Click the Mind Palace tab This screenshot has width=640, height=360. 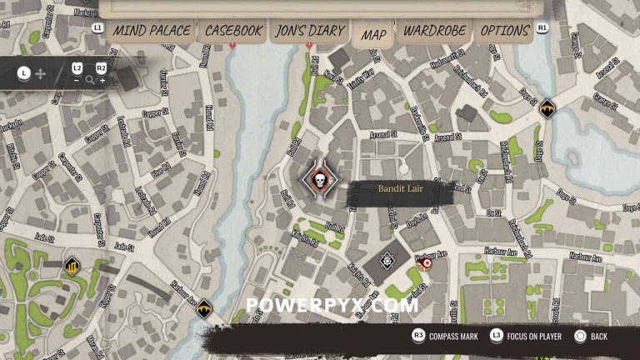[151, 31]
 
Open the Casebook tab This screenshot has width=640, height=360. [234, 31]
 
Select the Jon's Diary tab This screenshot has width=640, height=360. [309, 31]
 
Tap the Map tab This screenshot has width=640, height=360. [374, 34]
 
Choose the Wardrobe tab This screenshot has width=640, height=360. [434, 31]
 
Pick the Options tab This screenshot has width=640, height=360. [504, 31]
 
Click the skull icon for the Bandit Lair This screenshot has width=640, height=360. [318, 181]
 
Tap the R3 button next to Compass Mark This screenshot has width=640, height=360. [418, 336]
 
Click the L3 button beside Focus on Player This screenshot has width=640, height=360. [496, 336]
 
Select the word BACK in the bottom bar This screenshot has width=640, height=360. [598, 337]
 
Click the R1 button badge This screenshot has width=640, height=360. [542, 27]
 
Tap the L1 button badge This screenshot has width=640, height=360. [97, 27]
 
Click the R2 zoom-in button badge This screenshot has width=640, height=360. [101, 67]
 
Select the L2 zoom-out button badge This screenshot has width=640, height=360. [77, 67]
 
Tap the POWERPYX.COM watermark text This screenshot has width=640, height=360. [332, 305]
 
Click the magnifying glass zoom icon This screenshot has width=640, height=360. [90, 81]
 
